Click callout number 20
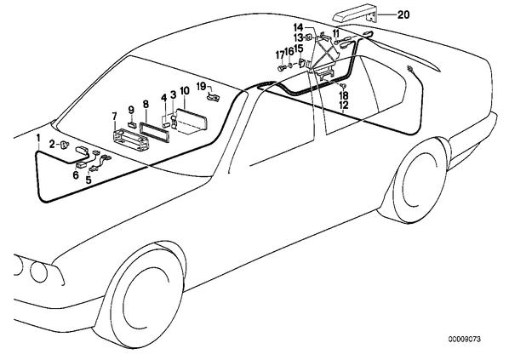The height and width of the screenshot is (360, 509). point(403,14)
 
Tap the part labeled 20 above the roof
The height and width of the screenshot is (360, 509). point(356,14)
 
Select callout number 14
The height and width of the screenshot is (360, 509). point(298,27)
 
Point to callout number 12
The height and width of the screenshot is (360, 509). point(343,106)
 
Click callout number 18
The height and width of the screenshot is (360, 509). point(343,95)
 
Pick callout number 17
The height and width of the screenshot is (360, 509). point(280,55)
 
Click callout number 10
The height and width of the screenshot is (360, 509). point(184,91)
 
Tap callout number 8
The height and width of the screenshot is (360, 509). point(146,104)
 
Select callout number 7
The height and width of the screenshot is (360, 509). point(114,116)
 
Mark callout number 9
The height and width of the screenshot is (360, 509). point(131,110)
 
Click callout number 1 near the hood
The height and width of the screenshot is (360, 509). point(38,138)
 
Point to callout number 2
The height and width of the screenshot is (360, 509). point(53,144)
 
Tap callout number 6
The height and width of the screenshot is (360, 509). point(76,175)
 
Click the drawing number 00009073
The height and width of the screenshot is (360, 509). point(465,340)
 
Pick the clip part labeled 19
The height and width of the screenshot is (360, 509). point(213,97)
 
